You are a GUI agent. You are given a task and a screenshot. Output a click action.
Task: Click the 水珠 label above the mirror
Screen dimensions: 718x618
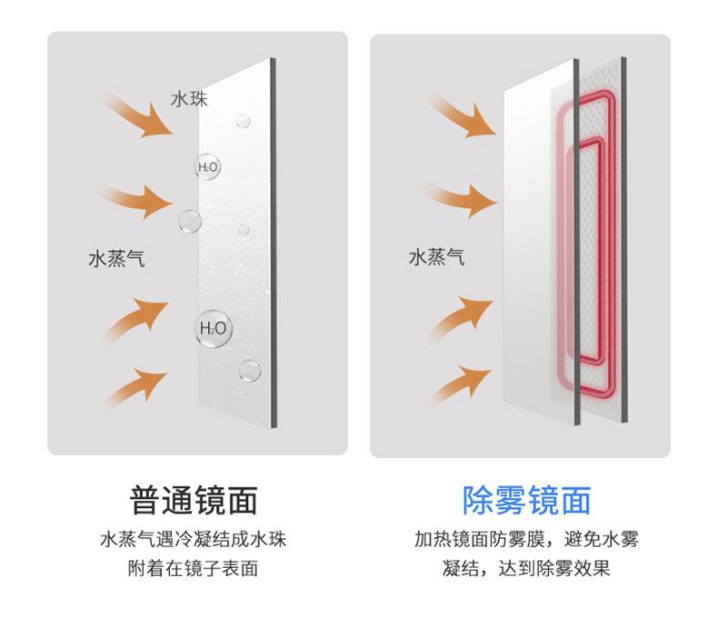tap(189, 98)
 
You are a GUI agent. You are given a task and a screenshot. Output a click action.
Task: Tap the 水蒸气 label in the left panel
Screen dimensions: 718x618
tap(116, 260)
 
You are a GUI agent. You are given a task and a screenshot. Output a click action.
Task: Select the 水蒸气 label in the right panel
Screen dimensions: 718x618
tap(436, 258)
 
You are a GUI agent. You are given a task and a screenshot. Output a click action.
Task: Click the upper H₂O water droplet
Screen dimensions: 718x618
tap(208, 167)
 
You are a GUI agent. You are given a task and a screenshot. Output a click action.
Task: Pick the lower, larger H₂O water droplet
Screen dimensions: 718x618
tap(213, 328)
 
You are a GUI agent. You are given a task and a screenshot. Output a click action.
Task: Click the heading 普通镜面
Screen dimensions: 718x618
tap(194, 499)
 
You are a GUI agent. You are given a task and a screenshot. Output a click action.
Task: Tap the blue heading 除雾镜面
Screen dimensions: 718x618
tap(527, 499)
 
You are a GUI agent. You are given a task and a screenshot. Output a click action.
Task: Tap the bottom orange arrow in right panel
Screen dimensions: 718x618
tap(460, 383)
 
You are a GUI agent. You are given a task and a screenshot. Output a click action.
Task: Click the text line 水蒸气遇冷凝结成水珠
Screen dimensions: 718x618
tap(194, 539)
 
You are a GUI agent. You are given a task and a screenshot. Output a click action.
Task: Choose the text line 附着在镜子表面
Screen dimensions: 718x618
tap(194, 570)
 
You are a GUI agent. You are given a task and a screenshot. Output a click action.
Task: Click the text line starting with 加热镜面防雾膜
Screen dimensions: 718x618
tap(527, 539)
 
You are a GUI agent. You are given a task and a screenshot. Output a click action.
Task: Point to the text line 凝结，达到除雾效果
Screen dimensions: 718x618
tap(527, 570)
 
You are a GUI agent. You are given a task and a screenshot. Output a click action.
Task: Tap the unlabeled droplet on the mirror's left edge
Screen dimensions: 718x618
tap(190, 221)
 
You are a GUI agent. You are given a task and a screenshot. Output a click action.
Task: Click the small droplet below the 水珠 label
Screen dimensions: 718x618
tap(243, 120)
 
